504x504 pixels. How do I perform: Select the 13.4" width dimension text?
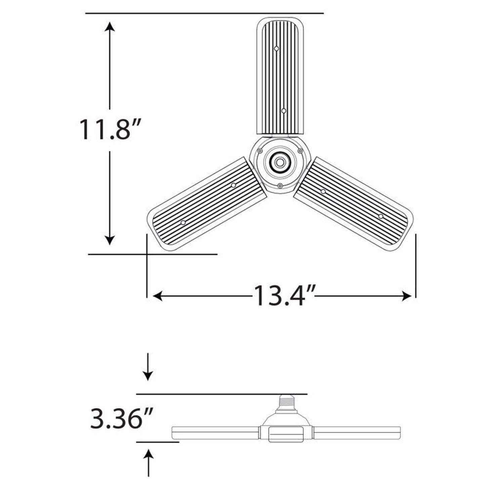(284, 296)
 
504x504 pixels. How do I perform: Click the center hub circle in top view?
(279, 162)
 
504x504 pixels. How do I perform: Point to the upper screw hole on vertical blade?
(276, 49)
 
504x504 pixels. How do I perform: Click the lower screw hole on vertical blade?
(284, 111)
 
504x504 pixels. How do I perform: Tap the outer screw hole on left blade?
(183, 223)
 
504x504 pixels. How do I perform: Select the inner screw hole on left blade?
(234, 185)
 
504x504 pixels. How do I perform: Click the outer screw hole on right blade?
(381, 216)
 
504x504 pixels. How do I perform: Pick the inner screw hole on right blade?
(323, 192)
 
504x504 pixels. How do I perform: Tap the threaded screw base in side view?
(286, 402)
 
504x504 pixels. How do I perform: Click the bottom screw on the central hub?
(280, 185)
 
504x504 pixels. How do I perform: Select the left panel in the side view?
(215, 433)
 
